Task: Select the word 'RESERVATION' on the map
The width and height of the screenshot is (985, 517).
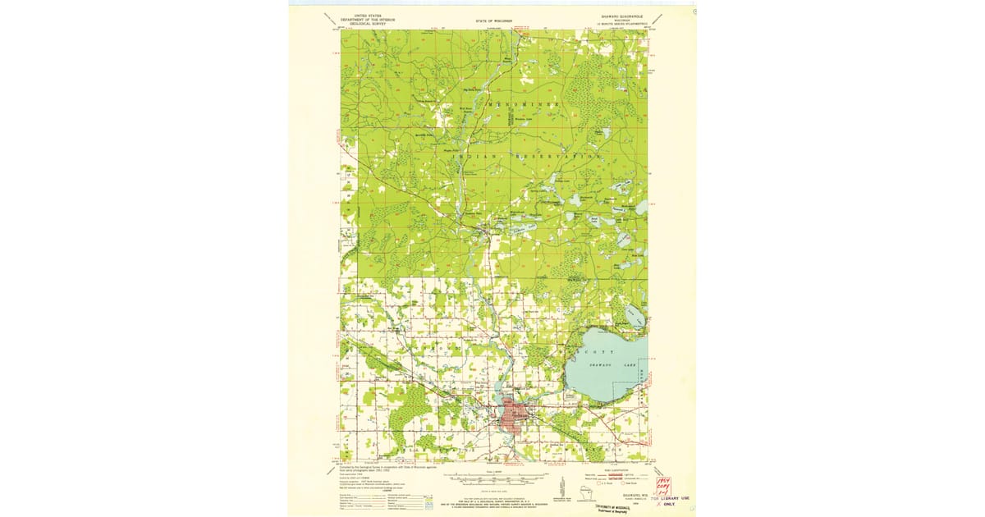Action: click(557, 155)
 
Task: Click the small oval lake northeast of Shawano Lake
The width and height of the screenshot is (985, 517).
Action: click(633, 315)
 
